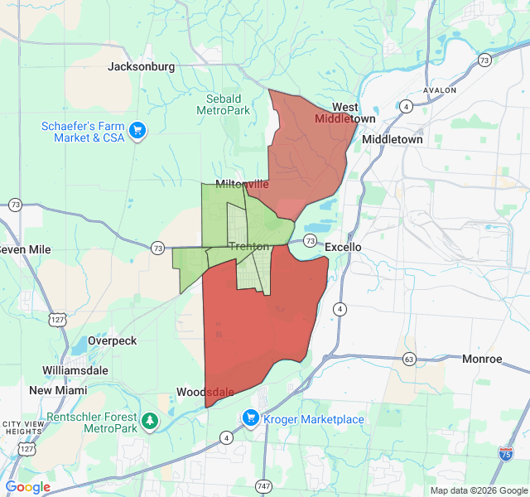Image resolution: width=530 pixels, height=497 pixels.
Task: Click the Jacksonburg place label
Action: [141, 66]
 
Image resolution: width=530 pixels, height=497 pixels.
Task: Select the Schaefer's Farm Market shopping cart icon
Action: [137, 130]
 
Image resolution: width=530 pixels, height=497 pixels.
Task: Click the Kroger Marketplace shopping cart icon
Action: [251, 418]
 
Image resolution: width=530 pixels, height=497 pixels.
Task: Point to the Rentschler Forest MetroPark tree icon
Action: [150, 422]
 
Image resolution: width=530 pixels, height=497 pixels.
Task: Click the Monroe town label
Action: [482, 359]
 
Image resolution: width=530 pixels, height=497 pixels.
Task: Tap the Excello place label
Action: [343, 247]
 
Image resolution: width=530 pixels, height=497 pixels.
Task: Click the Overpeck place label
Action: [112, 340]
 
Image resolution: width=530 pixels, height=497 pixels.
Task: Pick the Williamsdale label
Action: [79, 370]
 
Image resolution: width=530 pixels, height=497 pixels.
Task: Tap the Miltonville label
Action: [241, 184]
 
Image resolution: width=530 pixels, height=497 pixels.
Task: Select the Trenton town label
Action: [248, 246]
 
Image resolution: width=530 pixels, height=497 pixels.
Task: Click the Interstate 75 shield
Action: [505, 452]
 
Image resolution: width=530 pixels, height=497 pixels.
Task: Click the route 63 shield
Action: [409, 359]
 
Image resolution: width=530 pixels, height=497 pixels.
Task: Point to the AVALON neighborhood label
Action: [439, 89]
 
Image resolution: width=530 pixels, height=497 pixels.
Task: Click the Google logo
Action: [28, 487]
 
